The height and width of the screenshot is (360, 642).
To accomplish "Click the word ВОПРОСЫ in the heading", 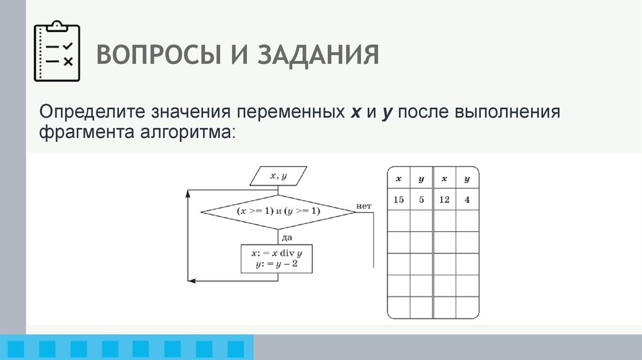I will click(150, 55).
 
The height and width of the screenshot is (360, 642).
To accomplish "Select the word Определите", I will click(91, 114).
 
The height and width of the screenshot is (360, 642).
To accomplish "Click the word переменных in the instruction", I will click(285, 114).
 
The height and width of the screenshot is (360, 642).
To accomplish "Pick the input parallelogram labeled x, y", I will click(278, 176).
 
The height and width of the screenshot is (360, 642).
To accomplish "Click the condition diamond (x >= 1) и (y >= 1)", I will click(278, 211).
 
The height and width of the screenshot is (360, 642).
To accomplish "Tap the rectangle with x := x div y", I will click(276, 258).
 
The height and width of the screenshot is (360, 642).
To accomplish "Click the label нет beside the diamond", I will click(364, 206).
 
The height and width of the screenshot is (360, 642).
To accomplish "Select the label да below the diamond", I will click(287, 237).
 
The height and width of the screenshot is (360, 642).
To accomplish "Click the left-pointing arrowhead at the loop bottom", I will click(193, 281).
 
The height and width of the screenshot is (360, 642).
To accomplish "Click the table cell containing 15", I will click(398, 200).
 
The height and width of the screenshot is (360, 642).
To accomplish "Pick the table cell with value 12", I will click(444, 200).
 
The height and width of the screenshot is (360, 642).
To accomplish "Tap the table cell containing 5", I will click(421, 200).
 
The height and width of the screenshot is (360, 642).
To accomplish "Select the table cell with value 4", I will click(467, 200).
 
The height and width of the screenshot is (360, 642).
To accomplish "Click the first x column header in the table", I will click(398, 179).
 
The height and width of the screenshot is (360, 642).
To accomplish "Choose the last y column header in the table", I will click(467, 179).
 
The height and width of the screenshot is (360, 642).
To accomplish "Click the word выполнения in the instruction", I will click(511, 114).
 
